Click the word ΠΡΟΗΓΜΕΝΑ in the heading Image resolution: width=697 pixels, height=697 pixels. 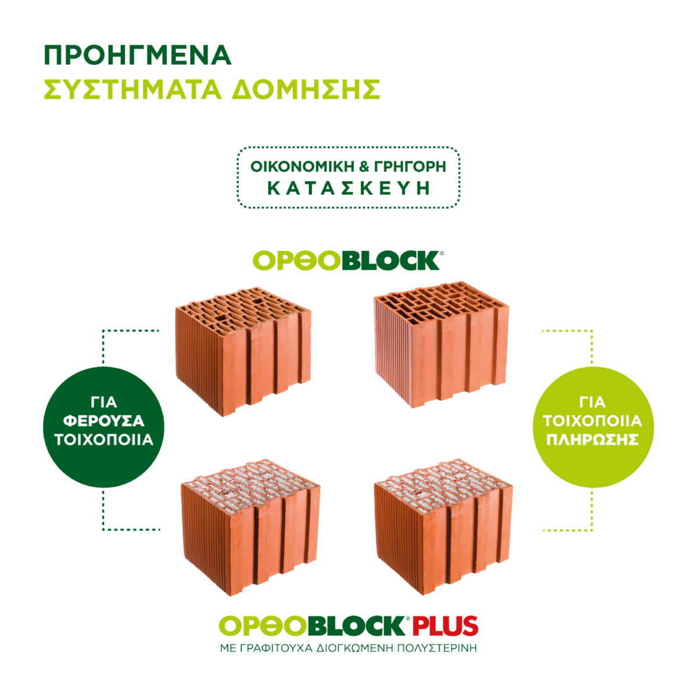138,55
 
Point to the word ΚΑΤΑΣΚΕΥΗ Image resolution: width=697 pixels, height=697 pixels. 348,188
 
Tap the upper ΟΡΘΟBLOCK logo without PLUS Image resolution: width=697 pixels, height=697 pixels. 347,261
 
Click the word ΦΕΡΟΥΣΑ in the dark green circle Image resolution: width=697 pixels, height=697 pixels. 104,421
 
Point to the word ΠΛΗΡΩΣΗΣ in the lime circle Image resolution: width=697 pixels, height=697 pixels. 592,439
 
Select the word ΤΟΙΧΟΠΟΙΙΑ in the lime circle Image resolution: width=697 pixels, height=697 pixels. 592,421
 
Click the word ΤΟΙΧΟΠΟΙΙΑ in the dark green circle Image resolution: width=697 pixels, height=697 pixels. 104,439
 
